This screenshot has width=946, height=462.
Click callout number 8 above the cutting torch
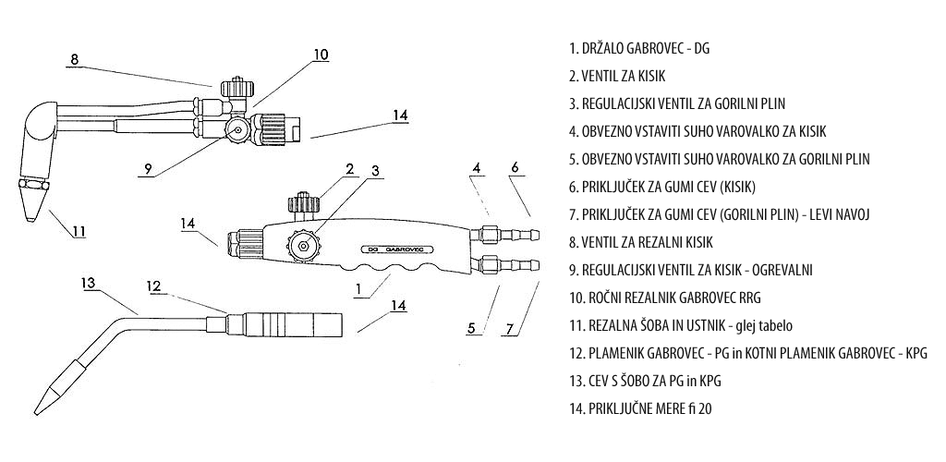click(x=74, y=59)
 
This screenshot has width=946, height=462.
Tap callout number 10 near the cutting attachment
click(x=321, y=55)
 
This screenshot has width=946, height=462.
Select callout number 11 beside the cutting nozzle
click(x=79, y=231)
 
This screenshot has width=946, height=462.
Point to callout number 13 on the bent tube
click(x=89, y=283)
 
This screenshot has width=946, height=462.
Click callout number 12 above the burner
click(x=155, y=286)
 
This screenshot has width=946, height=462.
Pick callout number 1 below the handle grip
click(x=358, y=289)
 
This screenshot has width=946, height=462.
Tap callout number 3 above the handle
click(x=375, y=171)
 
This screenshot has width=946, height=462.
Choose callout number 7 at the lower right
click(x=510, y=329)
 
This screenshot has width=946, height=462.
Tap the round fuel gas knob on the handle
click(x=301, y=245)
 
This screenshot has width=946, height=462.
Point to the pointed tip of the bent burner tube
click(x=36, y=413)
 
